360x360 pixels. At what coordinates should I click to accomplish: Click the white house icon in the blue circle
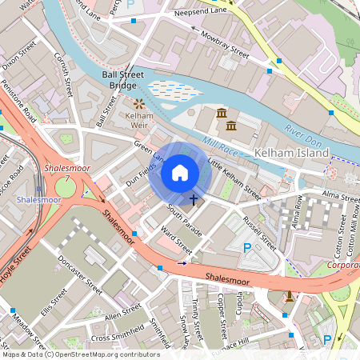click(x=180, y=171)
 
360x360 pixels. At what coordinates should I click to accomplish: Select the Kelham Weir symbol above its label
click(x=139, y=103)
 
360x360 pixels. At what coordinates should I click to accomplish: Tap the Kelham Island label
click(x=290, y=153)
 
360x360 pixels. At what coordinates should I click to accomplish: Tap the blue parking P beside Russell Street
click(x=247, y=249)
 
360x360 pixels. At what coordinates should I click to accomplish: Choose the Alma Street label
click(x=341, y=196)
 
